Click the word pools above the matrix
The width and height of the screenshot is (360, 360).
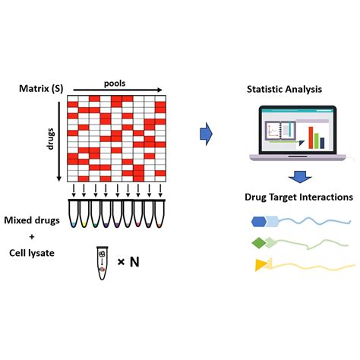point(115,84)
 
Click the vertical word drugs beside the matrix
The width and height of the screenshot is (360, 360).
point(51,139)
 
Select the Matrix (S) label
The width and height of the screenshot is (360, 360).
point(41,89)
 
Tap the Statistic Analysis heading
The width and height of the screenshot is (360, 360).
point(284,90)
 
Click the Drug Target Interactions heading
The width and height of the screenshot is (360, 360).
point(298,197)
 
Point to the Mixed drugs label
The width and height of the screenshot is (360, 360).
point(32,220)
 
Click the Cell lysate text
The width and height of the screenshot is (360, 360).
point(32,253)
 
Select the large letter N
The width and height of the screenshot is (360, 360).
point(134,262)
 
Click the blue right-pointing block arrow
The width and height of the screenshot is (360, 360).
point(206,134)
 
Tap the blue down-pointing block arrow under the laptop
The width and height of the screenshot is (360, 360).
point(300,177)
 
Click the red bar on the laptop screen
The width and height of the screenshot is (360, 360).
point(311,137)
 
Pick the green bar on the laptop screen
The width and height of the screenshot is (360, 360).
point(317,141)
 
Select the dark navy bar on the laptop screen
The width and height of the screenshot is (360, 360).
point(322,143)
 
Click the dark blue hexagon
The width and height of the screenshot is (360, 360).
point(259,222)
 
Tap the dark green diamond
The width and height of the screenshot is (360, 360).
point(259,243)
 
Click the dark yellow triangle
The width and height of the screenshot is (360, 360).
point(261,265)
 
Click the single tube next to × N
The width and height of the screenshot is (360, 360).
point(103,263)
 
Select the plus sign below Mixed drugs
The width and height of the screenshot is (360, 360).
point(32,237)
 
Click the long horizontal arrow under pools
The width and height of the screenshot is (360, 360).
point(118,90)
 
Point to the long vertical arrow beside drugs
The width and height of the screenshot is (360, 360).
point(59,141)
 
